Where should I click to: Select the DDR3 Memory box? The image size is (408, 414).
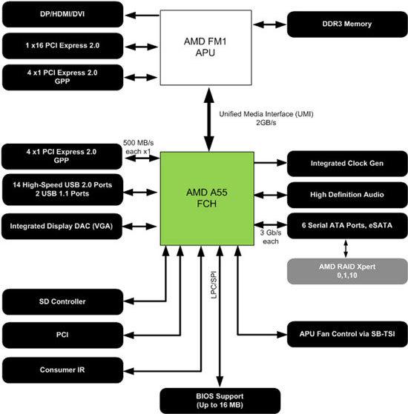click(346, 24)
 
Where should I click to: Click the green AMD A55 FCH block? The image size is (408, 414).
click(206, 198)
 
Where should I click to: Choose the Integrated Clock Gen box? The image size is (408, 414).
click(346, 161)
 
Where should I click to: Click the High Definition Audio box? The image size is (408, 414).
click(346, 194)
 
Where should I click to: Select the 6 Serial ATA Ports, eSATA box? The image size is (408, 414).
click(346, 224)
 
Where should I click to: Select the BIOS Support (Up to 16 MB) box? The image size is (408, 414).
click(220, 400)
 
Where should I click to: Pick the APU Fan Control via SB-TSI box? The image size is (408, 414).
click(346, 334)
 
